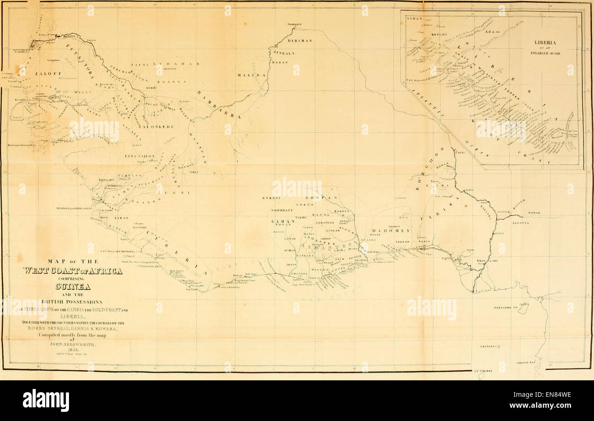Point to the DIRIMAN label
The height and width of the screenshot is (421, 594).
(300, 41)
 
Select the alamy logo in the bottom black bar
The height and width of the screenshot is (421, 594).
(46, 401)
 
